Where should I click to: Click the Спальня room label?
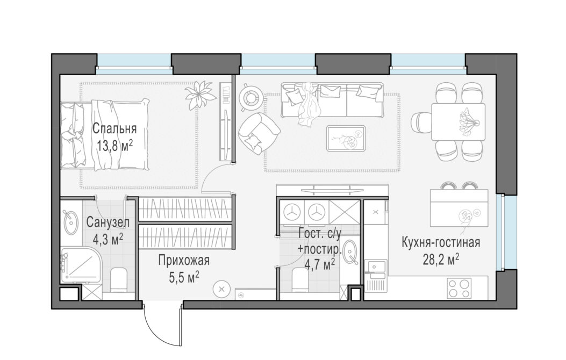114,129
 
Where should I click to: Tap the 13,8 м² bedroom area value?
114,146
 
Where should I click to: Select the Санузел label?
108,222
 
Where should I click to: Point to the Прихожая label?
184,260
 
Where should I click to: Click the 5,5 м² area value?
184,277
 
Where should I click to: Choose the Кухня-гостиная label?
441,242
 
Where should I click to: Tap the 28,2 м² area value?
441,259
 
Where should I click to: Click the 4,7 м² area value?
319,264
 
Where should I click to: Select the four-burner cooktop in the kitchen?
459,288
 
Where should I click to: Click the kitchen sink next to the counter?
375,267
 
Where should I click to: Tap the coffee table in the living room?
346,138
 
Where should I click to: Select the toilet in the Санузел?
118,279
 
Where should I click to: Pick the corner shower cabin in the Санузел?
81,265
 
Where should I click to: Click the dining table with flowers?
458,121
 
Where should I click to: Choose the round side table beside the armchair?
250,97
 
